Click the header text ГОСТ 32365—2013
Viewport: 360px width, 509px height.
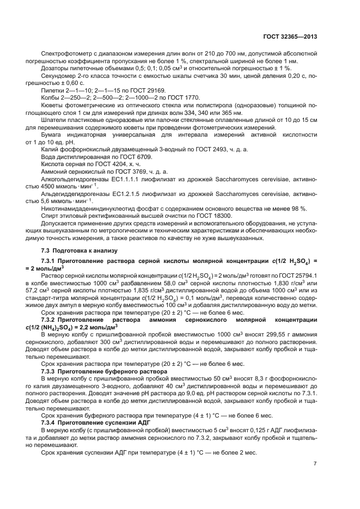click(289, 37)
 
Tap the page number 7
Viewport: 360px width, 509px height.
click(315, 464)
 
